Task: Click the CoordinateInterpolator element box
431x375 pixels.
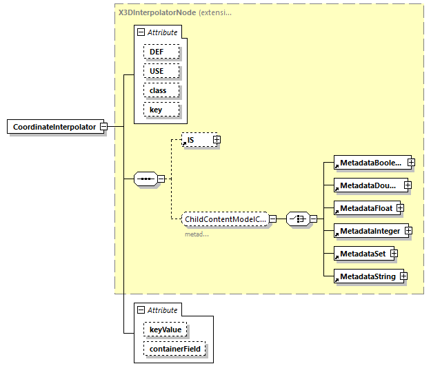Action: (54, 127)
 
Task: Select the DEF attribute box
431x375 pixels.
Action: (161, 52)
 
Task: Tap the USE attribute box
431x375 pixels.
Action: (161, 71)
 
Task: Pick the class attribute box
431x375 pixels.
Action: (161, 90)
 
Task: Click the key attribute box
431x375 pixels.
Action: (161, 110)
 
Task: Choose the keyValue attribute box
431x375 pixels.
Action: (165, 330)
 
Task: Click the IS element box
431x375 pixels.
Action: (196, 140)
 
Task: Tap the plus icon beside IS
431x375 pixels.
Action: (217, 140)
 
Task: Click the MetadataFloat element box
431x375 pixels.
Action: (364, 207)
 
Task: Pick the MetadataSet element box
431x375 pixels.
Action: (361, 254)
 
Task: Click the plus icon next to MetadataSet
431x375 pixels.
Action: (394, 254)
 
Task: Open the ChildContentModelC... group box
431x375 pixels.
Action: (225, 219)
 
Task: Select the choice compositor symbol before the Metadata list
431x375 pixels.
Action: (297, 219)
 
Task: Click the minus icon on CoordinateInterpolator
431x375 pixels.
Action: (103, 127)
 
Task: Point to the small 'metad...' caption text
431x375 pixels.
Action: (197, 234)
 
